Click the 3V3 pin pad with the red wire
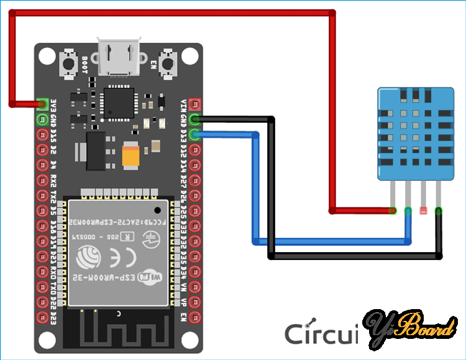coord(43,104)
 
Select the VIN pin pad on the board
coord(194,104)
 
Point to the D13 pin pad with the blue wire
coord(194,134)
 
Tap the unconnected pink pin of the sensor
coord(424,211)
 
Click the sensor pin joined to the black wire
coord(439,211)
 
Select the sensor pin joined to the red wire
coord(393,211)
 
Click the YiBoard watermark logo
coord(410,329)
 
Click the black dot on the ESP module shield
coord(160,207)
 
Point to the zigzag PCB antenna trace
coord(118,329)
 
